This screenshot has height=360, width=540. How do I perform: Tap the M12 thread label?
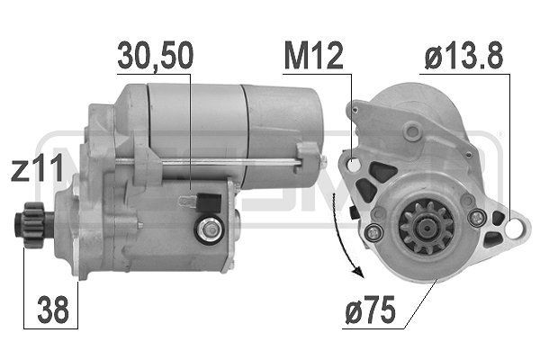click(314, 57)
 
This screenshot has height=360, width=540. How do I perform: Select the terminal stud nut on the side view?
click(210, 230)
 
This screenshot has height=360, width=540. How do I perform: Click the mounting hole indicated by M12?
click(353, 165)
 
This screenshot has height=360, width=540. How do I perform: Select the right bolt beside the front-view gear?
click(479, 218)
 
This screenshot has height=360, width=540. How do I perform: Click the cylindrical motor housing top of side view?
click(225, 117)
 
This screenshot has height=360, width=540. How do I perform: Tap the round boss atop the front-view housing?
click(412, 131)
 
